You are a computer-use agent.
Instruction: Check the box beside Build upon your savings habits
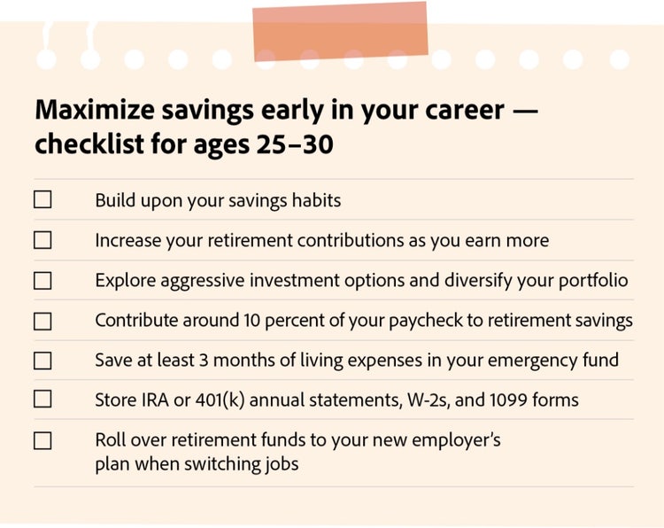click(42, 199)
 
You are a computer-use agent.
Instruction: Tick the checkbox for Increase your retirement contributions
click(42, 240)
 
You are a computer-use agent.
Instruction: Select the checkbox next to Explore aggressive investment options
click(42, 280)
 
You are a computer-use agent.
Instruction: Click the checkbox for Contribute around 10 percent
click(42, 321)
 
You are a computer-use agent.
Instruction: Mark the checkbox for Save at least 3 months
click(42, 361)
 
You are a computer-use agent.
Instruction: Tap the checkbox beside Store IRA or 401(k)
click(42, 400)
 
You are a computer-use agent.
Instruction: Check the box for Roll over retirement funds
click(42, 440)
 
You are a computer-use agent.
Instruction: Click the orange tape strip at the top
click(340, 31)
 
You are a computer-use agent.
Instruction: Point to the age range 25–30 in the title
click(290, 144)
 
